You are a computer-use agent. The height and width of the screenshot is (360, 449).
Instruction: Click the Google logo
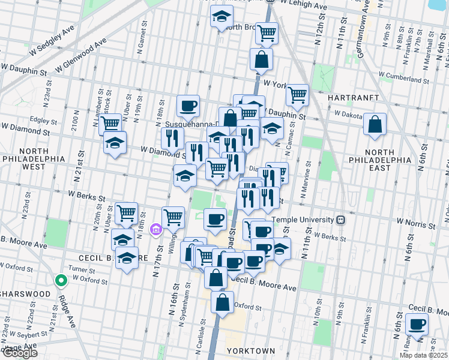pyautogui.click(x=19, y=353)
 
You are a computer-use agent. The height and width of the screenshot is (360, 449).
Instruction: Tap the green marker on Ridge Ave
pyautogui.click(x=61, y=280)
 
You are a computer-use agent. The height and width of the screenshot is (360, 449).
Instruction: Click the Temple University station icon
pyautogui.click(x=341, y=220)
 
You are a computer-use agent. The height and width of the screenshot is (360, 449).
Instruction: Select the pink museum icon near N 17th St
pyautogui.click(x=155, y=229)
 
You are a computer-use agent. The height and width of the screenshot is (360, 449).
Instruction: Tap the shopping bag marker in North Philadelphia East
pyautogui.click(x=375, y=125)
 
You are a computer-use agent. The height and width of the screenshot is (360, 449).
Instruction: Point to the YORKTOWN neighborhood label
pyautogui.click(x=251, y=351)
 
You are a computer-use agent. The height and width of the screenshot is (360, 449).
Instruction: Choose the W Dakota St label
pyautogui.click(x=354, y=113)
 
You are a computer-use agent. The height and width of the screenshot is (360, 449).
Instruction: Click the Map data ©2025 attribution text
pyautogui.click(x=423, y=355)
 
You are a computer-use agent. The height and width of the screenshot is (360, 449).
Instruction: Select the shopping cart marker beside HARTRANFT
pyautogui.click(x=297, y=94)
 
